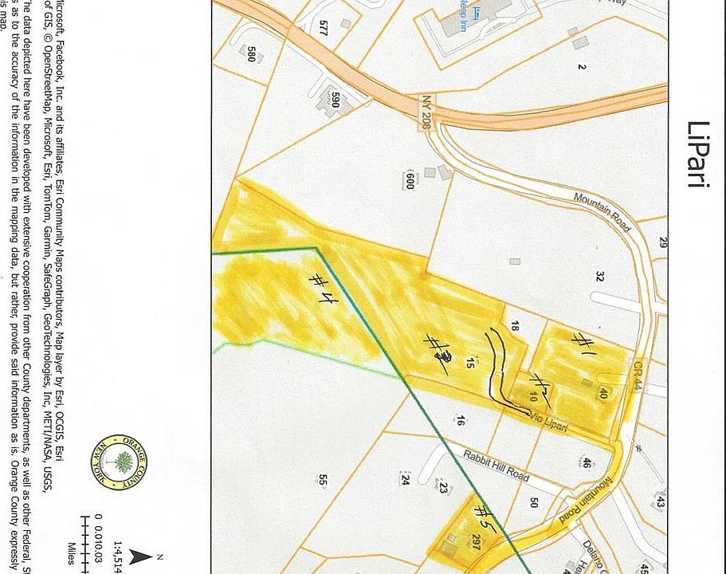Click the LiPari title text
[x=697, y=155]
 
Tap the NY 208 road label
[x=426, y=111]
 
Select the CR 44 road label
[x=638, y=375]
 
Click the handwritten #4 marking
[x=322, y=288]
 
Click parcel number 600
[x=410, y=180]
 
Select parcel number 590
[x=336, y=100]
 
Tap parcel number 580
[x=252, y=53]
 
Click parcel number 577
[x=323, y=28]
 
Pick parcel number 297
[x=475, y=543]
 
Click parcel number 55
[x=323, y=480]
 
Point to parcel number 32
[x=599, y=276]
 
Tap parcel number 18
[x=515, y=326]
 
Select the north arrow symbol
[x=143, y=556]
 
